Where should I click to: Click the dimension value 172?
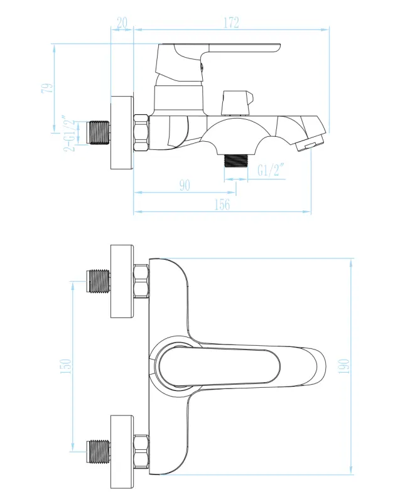point(231,23)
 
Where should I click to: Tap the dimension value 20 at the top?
point(122,23)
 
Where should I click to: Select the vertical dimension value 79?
point(47,88)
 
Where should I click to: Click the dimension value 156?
point(222,205)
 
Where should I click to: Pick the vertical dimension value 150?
point(66,366)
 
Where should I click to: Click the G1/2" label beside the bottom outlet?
point(271,169)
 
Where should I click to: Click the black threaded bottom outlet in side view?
point(236,160)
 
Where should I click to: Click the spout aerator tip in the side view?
point(306,146)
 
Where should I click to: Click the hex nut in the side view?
point(142,132)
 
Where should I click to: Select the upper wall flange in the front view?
point(122,280)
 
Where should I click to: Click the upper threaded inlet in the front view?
point(98,281)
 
